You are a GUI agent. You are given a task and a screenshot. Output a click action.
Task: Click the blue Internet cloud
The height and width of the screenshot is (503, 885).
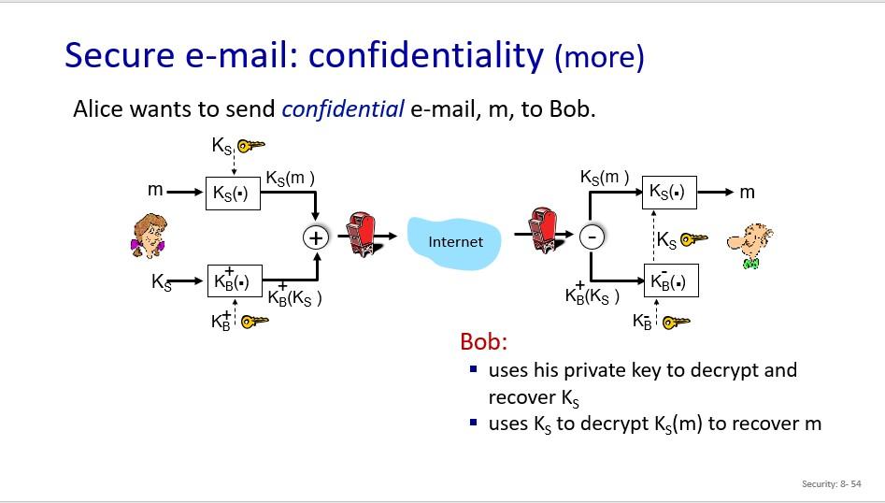coord(456,241)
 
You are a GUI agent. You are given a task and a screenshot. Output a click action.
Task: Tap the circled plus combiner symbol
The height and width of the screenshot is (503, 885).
coord(317,237)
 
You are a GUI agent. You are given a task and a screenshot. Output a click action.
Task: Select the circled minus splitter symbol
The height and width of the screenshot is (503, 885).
coord(591,237)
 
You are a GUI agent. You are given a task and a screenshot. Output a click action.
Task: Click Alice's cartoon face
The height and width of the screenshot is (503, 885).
coord(147,234)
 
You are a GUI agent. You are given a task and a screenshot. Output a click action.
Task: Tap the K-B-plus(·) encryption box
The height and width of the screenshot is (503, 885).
coord(234,280)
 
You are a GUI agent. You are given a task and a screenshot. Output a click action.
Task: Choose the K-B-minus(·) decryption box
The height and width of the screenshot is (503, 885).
coord(671,280)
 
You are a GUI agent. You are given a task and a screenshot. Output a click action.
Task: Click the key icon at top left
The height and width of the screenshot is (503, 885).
coord(250,145)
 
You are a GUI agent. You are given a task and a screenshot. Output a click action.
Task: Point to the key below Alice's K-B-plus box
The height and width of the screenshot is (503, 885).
coord(253,322)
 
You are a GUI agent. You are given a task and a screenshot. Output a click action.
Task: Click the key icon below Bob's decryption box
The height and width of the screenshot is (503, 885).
coord(676,322)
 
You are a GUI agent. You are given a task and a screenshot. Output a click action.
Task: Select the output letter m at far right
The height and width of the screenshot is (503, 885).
coord(747,192)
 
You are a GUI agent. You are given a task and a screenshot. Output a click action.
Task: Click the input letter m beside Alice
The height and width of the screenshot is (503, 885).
coord(155,190)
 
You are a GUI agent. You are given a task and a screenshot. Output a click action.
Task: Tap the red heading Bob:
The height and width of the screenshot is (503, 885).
coord(483,341)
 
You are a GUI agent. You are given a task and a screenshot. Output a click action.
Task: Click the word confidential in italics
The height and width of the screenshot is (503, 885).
coord(343,109)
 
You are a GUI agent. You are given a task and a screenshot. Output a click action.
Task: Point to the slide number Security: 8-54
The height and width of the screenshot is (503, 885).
coord(831,483)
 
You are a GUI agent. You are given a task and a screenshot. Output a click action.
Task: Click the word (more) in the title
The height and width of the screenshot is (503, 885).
coord(599,58)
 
